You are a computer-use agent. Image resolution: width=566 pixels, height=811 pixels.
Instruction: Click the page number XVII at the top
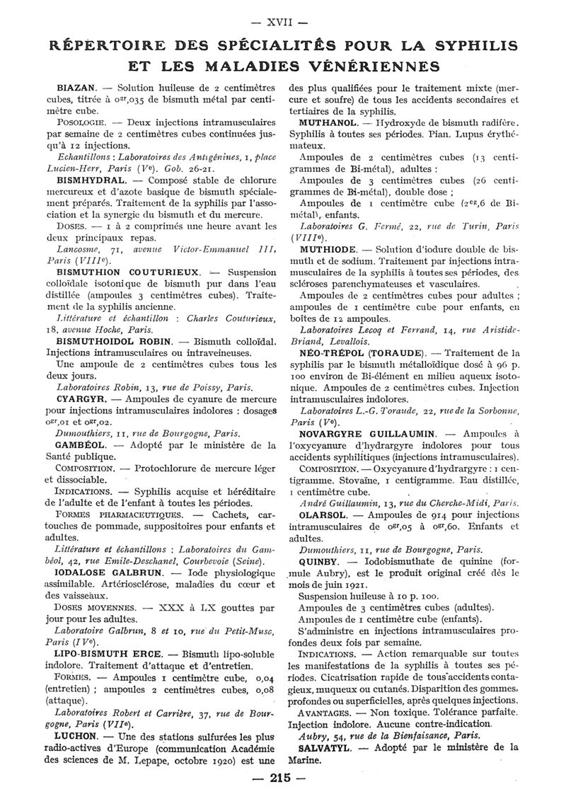point(282,13)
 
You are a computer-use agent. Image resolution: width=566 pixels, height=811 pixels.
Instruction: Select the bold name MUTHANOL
point(328,122)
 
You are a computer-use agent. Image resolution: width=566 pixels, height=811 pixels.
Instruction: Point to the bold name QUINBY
point(320,561)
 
